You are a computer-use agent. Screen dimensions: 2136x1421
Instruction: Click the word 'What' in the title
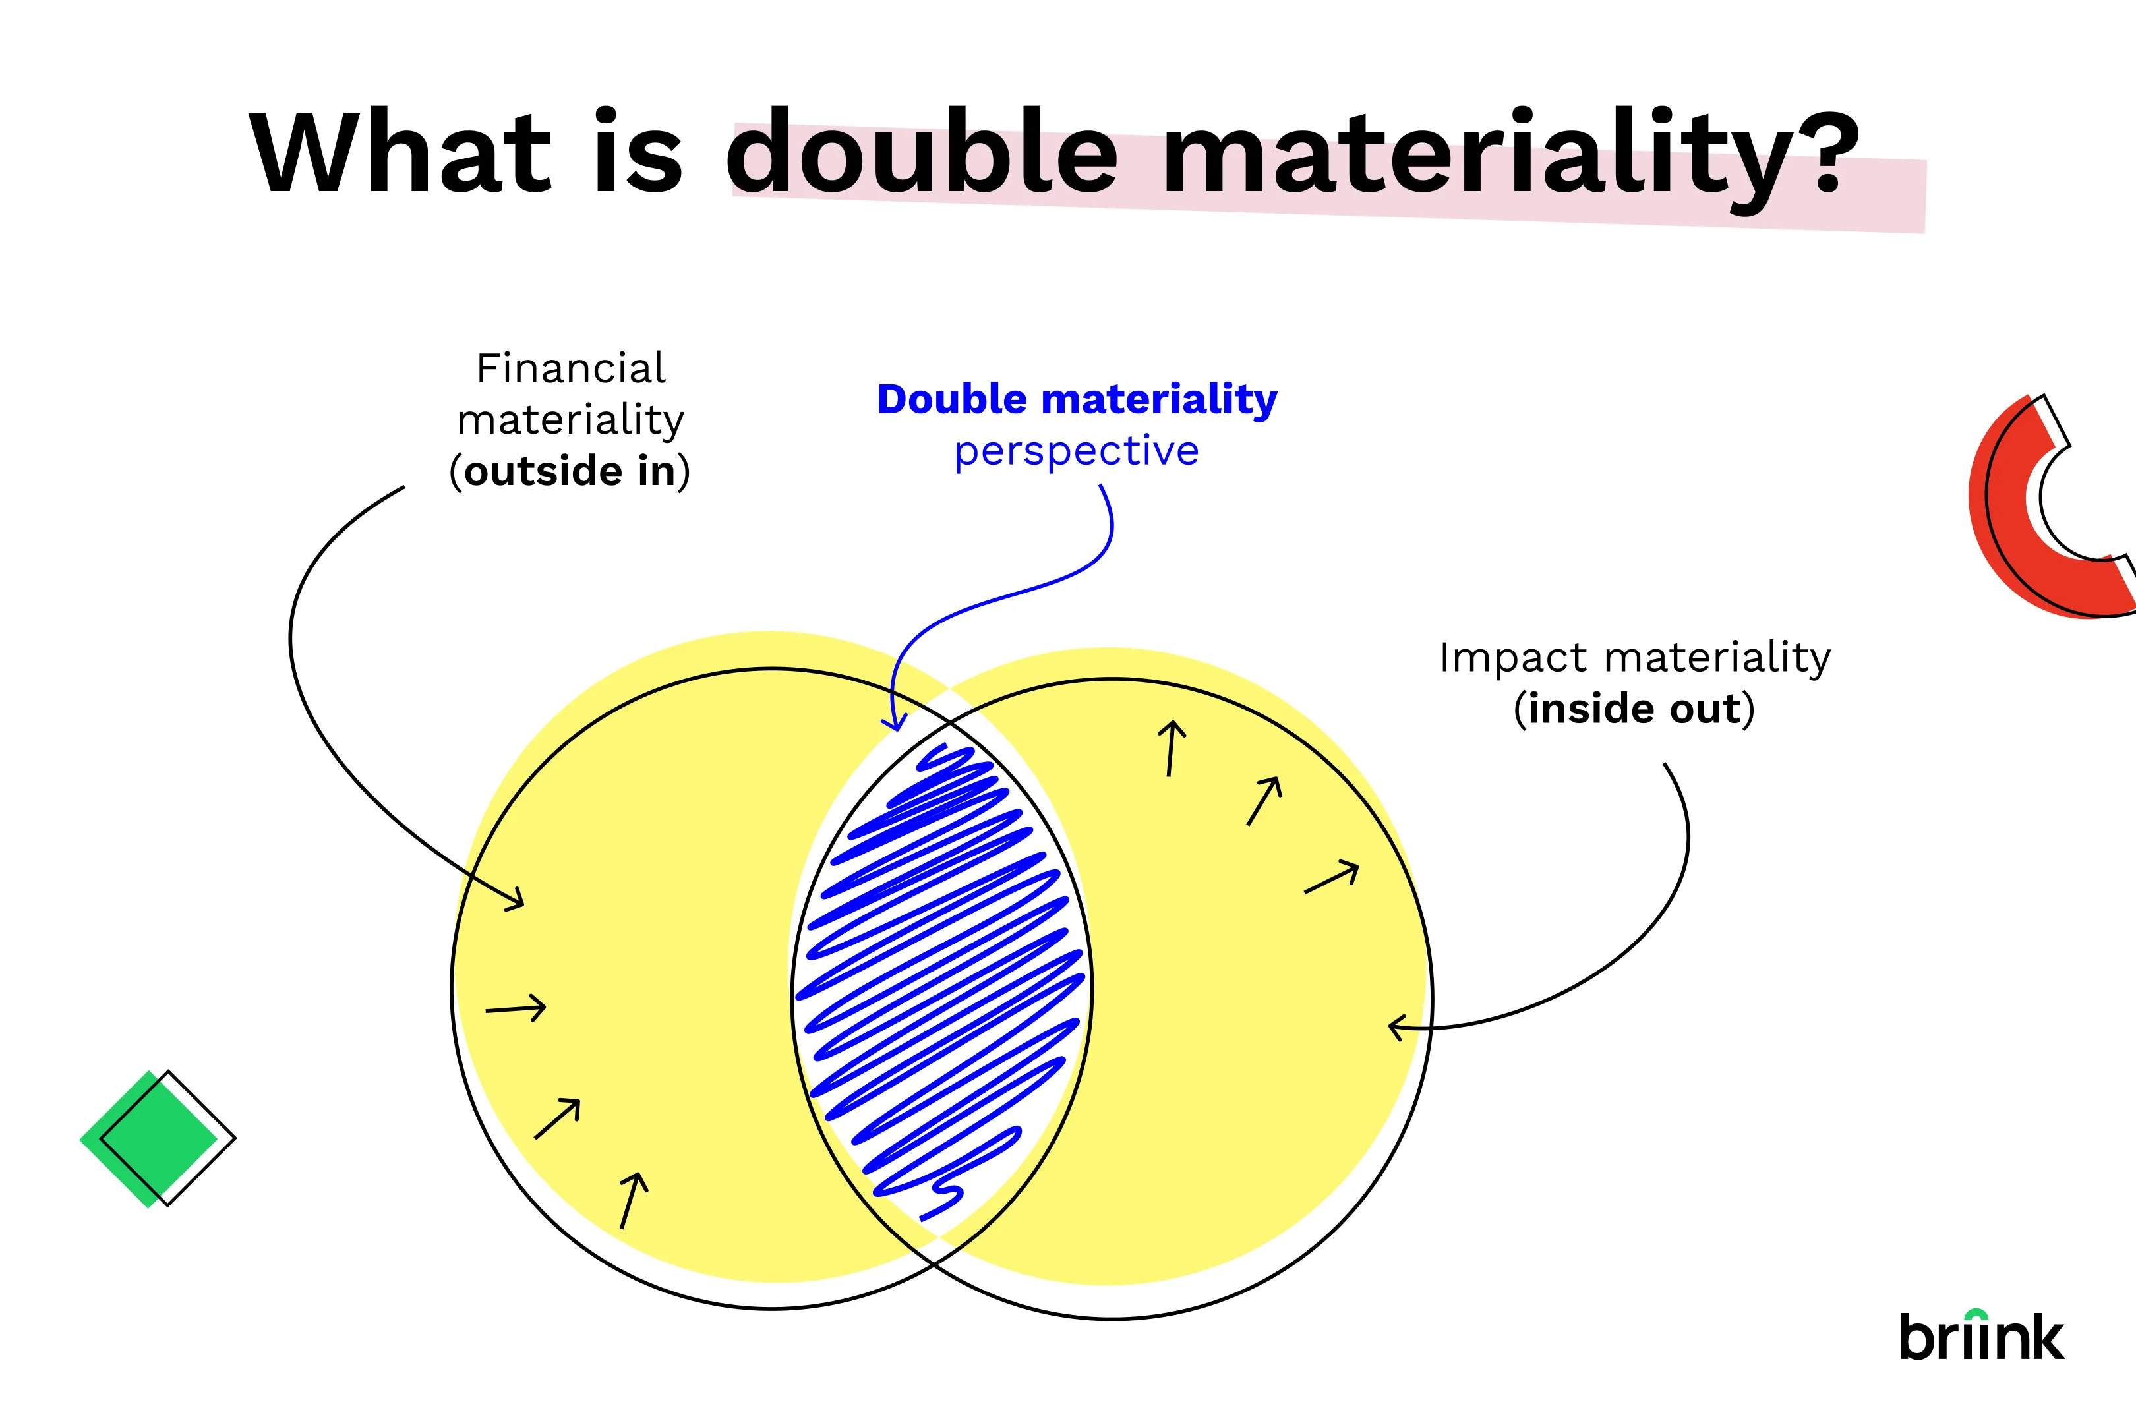point(401,152)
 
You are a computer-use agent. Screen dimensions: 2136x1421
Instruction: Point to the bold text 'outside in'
point(570,471)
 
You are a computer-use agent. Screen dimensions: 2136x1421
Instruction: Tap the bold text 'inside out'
point(1634,709)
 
